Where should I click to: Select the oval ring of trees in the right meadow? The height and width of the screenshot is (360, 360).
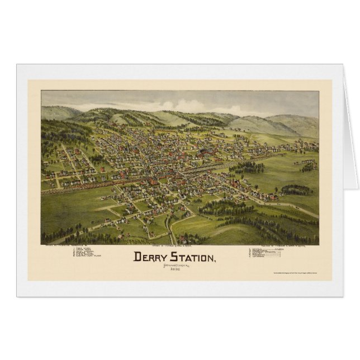[297, 190]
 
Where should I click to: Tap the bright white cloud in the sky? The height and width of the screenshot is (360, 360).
[184, 105]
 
